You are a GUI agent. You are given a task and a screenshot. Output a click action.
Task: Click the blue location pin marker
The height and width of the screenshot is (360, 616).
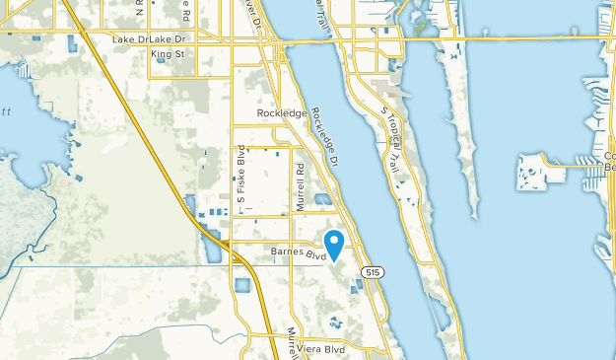(x=334, y=243)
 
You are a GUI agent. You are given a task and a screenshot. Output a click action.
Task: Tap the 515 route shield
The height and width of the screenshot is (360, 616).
(x=372, y=271)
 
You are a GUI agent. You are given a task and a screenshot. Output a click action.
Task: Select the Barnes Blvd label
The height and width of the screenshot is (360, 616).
(x=299, y=253)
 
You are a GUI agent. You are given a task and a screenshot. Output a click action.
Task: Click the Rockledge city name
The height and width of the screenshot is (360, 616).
(x=283, y=113)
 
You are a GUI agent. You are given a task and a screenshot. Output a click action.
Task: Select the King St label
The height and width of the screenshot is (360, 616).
(x=168, y=54)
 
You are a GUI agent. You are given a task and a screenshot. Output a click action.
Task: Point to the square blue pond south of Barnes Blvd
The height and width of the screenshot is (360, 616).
(x=243, y=287)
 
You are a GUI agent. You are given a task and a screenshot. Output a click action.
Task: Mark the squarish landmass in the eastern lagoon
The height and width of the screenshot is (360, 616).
(x=536, y=173)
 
